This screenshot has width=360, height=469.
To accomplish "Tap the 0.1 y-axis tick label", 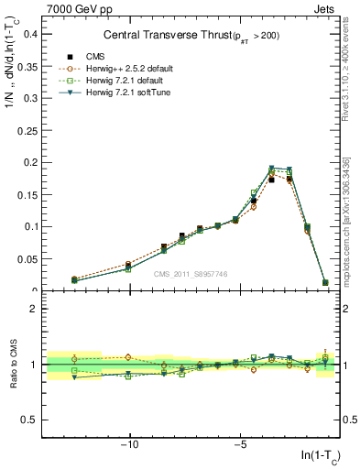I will click(x=30, y=226).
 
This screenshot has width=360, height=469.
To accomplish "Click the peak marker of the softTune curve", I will click(x=272, y=169).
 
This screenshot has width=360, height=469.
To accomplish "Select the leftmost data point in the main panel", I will click(x=74, y=279).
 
